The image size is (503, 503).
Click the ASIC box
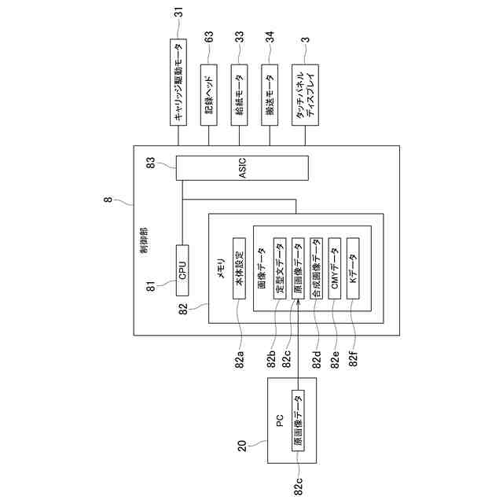(242, 167)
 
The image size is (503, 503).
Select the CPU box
(182, 274)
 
